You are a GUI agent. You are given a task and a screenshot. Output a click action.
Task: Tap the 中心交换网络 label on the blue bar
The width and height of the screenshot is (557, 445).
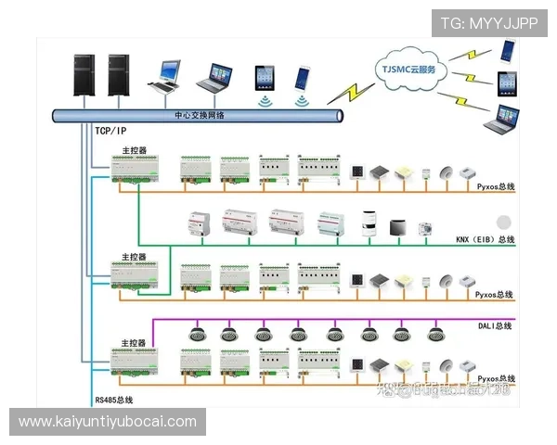coord(200,115)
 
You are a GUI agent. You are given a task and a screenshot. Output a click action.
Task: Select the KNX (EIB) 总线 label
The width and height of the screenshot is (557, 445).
coord(486,240)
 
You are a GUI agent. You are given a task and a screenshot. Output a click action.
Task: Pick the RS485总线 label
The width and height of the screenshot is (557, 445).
coord(114,400)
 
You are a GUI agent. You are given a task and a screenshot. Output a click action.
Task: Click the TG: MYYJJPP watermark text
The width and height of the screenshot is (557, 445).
coord(488,23)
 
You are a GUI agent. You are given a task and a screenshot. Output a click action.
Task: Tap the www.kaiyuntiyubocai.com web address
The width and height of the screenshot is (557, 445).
coord(108,422)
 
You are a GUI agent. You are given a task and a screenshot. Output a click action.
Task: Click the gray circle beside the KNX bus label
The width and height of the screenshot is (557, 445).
coord(504,222)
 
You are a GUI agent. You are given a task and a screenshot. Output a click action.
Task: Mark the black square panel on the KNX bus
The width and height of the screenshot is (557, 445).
coord(398,226)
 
